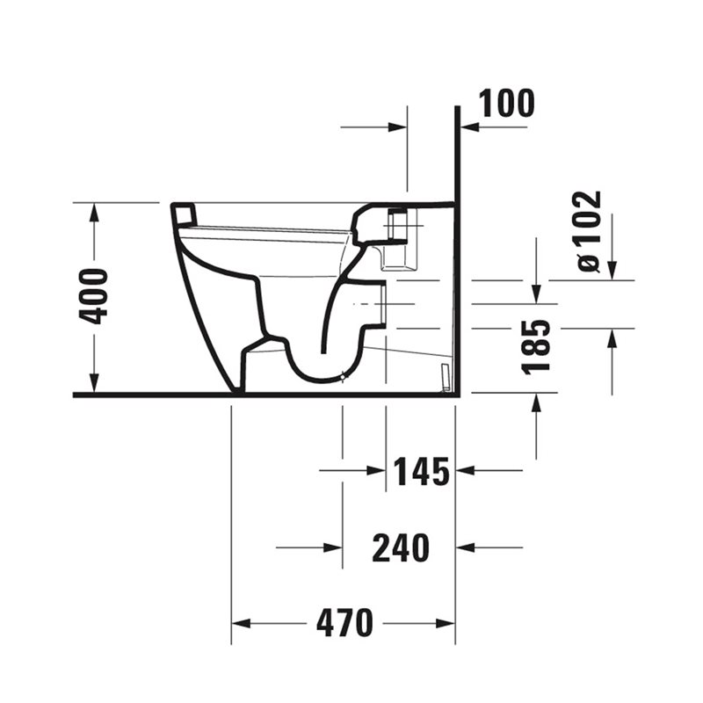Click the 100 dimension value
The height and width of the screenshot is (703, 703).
pyautogui.click(x=507, y=104)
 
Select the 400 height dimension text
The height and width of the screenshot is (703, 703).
pyautogui.click(x=93, y=296)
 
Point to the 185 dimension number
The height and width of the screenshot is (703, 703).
pyautogui.click(x=536, y=346)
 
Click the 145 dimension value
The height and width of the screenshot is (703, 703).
pyautogui.click(x=421, y=472)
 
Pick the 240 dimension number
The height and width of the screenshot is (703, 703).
pyautogui.click(x=401, y=547)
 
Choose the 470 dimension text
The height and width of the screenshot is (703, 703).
pyautogui.click(x=344, y=623)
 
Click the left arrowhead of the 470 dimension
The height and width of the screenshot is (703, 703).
pyautogui.click(x=241, y=624)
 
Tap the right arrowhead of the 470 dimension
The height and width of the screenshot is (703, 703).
pyautogui.click(x=446, y=624)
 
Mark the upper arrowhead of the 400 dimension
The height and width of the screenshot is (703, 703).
pyautogui.click(x=94, y=213)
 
